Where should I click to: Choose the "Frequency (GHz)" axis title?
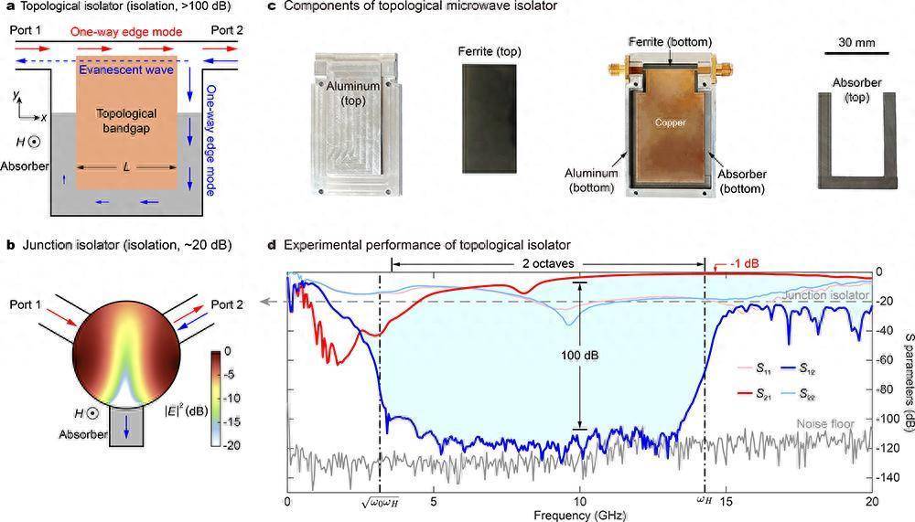point(578,516)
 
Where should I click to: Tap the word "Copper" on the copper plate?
point(670,122)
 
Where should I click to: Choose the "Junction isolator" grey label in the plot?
point(827,294)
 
